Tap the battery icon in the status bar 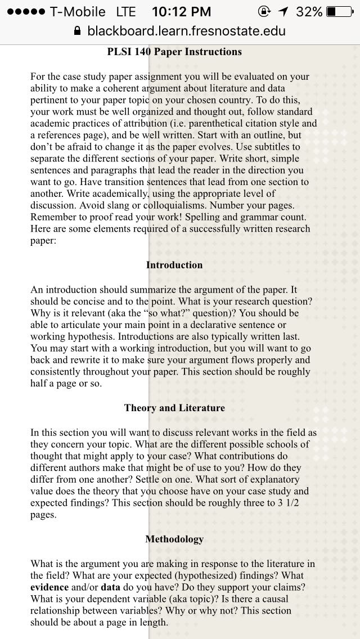pos(339,12)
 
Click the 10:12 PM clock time pos(182,12)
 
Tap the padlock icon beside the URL pos(78,31)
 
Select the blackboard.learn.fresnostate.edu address pos(186,31)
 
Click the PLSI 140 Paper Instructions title pos(174,52)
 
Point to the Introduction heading pos(174,265)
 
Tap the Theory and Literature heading pos(174,408)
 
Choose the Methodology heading pos(174,539)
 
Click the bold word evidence pos(49,587)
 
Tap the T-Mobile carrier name pos(78,12)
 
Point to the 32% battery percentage pos(310,12)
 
